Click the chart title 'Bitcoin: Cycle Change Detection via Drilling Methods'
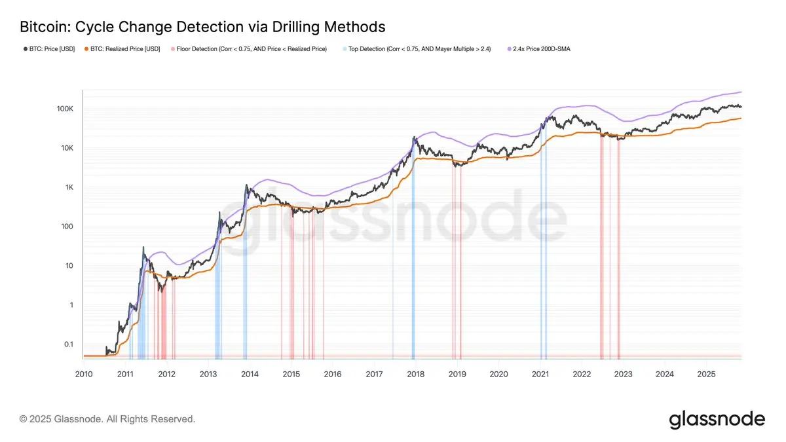[x=202, y=27]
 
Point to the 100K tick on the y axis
[x=64, y=109]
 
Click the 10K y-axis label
[x=67, y=148]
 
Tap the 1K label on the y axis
[x=69, y=187]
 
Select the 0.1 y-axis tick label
[x=68, y=344]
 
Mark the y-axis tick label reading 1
[x=71, y=305]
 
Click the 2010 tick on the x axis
[x=83, y=374]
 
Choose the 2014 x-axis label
[x=250, y=374]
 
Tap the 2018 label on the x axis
[x=416, y=374]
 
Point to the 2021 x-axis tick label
[x=540, y=374]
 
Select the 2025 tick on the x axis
[x=706, y=374]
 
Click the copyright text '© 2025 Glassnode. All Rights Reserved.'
[x=107, y=418]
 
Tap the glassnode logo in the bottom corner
[x=717, y=418]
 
